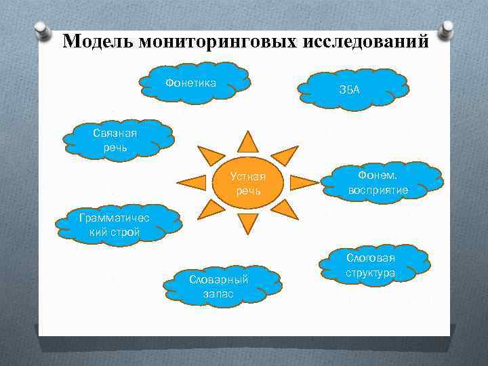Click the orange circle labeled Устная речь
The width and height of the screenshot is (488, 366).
click(248, 183)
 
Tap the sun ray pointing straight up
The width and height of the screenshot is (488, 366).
click(248, 140)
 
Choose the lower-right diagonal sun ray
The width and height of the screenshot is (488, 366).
click(287, 210)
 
